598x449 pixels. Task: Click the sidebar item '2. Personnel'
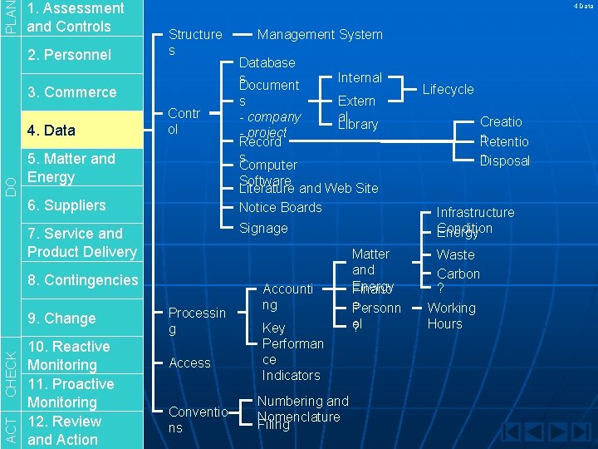[x=69, y=55]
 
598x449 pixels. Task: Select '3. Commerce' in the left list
[x=71, y=92]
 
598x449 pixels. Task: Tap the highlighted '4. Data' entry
[x=51, y=130]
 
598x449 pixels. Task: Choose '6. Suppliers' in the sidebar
[x=66, y=205]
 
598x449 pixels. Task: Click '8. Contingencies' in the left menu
[x=82, y=280]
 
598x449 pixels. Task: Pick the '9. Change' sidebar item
[x=61, y=318]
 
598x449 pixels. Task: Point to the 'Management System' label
[x=320, y=35]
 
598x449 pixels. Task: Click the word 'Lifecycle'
[x=448, y=89]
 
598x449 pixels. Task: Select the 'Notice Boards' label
[x=280, y=207]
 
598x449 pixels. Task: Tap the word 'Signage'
[x=263, y=228]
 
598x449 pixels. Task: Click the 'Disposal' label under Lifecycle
[x=505, y=160]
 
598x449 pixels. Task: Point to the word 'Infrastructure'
[x=475, y=213]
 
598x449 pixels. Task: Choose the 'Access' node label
[x=189, y=363]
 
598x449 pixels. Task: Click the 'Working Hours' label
[x=451, y=316]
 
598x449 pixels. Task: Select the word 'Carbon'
[x=458, y=274]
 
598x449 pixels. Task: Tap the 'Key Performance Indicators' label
[x=292, y=352]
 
